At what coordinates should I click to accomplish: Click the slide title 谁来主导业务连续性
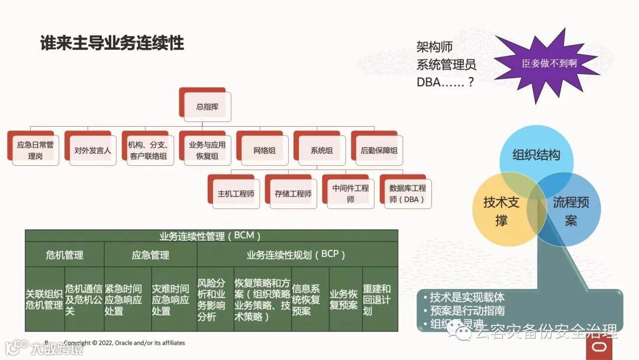[x=112, y=43]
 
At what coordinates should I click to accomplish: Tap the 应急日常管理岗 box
[x=35, y=150]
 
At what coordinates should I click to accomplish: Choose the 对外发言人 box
[x=92, y=150]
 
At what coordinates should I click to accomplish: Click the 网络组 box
[x=264, y=150]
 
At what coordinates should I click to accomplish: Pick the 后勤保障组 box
[x=379, y=150]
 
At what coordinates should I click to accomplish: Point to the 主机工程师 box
[x=235, y=194]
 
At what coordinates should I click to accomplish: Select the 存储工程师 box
[x=293, y=194]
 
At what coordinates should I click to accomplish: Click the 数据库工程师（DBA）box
[x=407, y=194]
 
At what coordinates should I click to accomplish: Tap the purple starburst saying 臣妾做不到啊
[x=548, y=64]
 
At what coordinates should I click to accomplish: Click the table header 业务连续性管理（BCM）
[x=211, y=236]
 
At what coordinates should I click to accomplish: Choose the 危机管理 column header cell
[x=64, y=255]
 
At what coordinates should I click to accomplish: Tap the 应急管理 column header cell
[x=150, y=255]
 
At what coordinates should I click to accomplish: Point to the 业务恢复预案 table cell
[x=344, y=299]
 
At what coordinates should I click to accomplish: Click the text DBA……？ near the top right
[x=445, y=82]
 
